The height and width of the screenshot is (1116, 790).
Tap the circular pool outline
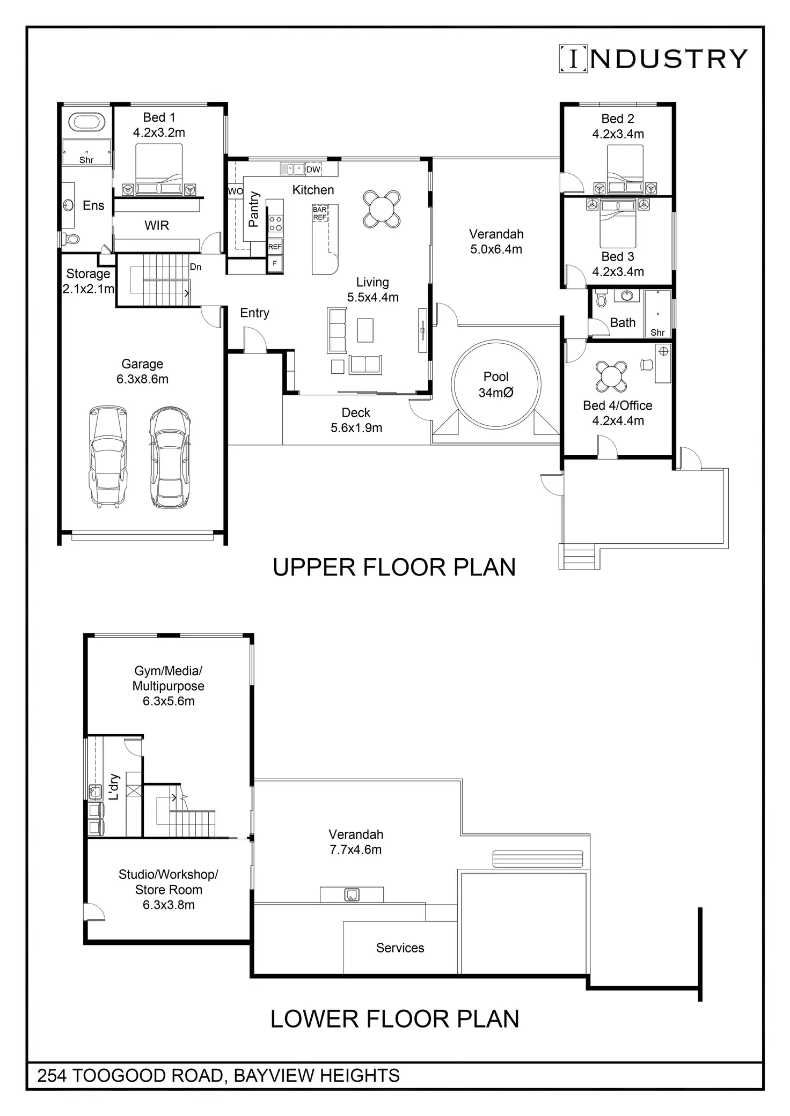452,384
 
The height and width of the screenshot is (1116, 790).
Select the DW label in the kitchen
313,169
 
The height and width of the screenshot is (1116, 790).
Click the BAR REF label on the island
319,213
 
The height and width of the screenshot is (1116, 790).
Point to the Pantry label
254,209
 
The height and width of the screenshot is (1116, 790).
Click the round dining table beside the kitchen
382,209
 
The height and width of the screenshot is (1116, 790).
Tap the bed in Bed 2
625,169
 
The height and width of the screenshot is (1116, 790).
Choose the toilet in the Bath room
601,298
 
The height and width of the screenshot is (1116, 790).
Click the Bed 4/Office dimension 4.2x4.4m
618,421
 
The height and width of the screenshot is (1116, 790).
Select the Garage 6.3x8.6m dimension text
142,379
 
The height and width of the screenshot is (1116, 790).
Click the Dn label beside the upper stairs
195,267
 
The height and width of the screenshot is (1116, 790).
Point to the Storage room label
88,274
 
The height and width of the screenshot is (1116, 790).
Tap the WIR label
157,226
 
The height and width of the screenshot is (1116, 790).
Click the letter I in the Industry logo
574,58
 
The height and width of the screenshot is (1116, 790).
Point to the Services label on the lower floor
400,948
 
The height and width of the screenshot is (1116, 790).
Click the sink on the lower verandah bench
352,895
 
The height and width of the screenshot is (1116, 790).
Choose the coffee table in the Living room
365,330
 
